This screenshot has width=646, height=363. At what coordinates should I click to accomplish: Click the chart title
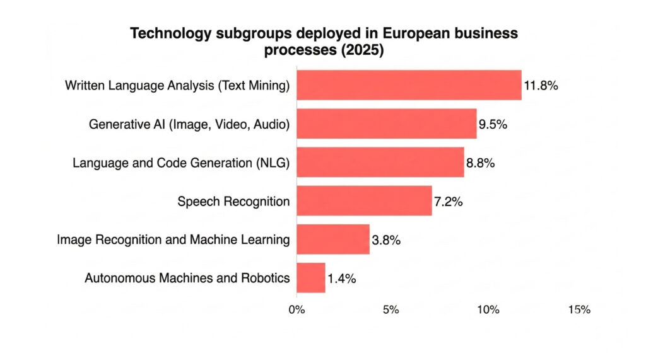click(323, 42)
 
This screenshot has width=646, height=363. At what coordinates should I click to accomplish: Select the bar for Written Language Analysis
click(409, 85)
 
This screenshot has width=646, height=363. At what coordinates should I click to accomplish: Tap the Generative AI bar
click(386, 124)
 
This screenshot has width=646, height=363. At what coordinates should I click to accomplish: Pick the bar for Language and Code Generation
click(380, 162)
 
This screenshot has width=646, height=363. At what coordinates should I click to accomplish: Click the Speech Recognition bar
click(364, 200)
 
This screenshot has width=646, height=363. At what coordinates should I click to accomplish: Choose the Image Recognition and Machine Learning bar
click(332, 239)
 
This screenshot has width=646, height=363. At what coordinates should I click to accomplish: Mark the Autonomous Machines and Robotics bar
click(310, 277)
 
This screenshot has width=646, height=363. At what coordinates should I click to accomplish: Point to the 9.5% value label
click(493, 124)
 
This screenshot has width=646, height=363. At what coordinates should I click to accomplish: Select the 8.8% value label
click(480, 163)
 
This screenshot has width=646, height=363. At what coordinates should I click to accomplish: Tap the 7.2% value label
click(449, 202)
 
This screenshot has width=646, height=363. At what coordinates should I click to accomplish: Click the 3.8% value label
click(386, 240)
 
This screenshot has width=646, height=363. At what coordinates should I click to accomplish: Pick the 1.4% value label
click(341, 278)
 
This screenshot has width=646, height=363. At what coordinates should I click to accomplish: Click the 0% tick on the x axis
click(296, 309)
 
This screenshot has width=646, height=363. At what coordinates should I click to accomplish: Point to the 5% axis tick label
click(391, 309)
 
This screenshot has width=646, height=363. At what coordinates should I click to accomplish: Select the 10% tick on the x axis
click(488, 309)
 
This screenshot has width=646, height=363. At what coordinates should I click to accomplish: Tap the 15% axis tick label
click(579, 309)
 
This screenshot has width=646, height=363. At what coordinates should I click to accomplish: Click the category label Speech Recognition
click(233, 202)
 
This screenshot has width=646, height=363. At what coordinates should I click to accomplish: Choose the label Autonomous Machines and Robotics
click(187, 278)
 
